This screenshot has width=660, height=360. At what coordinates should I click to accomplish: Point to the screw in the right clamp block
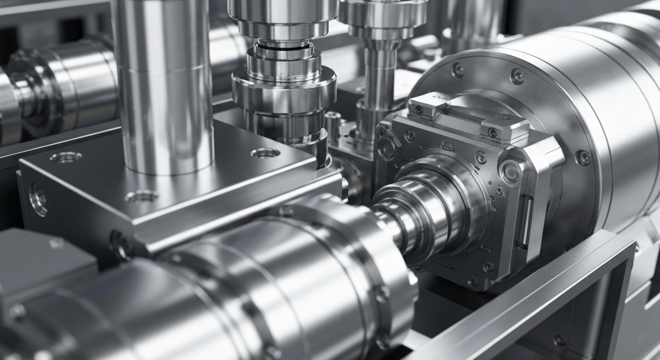[x=492, y=133]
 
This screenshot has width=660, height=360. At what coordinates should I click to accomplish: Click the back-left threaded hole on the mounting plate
[x=66, y=157]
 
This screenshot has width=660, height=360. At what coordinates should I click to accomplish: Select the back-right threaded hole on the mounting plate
[x=265, y=153]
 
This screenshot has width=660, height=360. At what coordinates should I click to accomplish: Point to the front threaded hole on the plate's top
[x=141, y=196]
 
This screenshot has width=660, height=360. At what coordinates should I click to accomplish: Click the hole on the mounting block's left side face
[x=37, y=199]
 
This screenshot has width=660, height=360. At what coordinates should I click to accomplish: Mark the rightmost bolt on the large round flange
[x=583, y=157]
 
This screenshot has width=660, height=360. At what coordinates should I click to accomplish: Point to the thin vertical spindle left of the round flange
[x=378, y=84]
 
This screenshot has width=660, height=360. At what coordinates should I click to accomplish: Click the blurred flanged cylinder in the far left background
[x=56, y=89]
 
